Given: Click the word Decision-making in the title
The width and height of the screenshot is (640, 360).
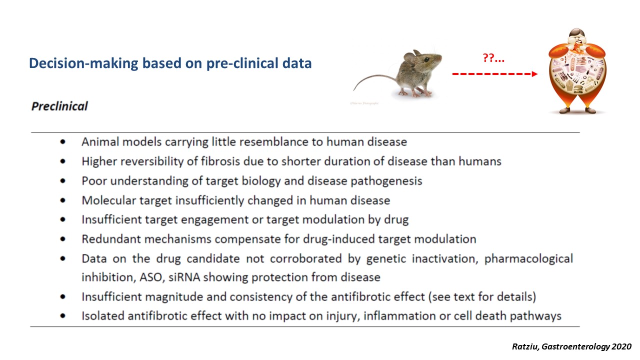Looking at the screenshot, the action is pyautogui.click(x=83, y=63).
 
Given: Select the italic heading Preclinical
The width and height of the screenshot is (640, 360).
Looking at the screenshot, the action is pyautogui.click(x=59, y=106).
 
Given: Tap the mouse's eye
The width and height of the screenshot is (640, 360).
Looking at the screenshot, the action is pyautogui.click(x=426, y=59).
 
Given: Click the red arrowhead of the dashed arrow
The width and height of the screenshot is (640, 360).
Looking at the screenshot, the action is pyautogui.click(x=534, y=74).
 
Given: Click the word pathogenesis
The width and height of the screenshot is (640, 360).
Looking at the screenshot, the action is pyautogui.click(x=386, y=181).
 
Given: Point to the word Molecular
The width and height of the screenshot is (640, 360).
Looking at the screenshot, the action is pyautogui.click(x=109, y=200).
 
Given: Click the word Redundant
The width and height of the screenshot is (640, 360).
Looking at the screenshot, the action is pyautogui.click(x=111, y=239).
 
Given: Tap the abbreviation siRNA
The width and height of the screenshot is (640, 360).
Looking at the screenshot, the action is pyautogui.click(x=184, y=277).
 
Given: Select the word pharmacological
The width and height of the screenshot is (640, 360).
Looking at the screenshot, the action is pyautogui.click(x=528, y=259).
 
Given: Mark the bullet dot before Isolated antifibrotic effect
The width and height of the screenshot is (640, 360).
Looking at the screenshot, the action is pyautogui.click(x=63, y=316).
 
